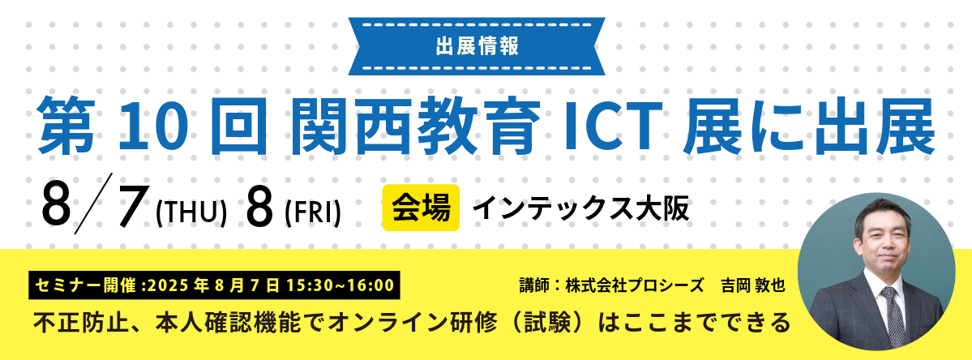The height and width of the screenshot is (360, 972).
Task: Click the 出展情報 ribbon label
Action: click(x=477, y=47)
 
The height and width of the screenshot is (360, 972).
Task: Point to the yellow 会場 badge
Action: click(x=420, y=207)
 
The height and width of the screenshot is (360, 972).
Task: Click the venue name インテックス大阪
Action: click(x=580, y=209)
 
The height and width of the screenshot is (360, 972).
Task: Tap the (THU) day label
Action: click(x=191, y=213)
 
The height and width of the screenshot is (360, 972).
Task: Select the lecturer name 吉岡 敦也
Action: click(x=753, y=285)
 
